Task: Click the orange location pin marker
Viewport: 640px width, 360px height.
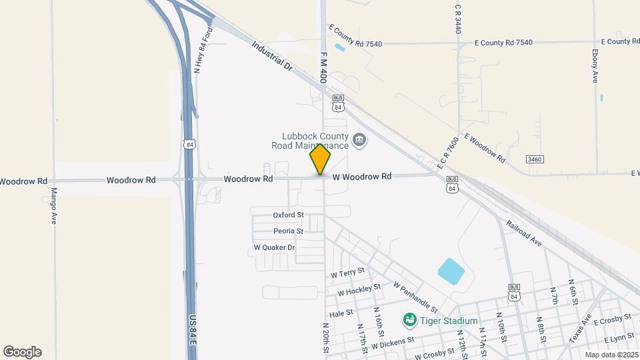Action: click(x=320, y=159)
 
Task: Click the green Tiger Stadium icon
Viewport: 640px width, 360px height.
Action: click(x=409, y=321)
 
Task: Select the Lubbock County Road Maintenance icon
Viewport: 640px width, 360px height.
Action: click(x=360, y=140)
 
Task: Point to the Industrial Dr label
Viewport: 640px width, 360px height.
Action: click(x=272, y=57)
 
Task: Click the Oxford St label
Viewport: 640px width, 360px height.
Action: click(x=288, y=215)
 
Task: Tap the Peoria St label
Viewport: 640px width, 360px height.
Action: click(x=288, y=231)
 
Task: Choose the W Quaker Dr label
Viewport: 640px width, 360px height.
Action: click(x=274, y=247)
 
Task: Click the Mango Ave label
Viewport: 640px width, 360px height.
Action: click(x=54, y=207)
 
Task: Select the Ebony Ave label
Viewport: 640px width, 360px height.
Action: click(x=595, y=66)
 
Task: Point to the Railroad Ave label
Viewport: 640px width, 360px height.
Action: click(x=523, y=234)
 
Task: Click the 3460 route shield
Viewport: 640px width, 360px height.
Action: click(x=535, y=159)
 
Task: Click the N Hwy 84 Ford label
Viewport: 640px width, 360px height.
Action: click(x=202, y=50)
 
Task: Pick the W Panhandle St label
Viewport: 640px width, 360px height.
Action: click(x=415, y=297)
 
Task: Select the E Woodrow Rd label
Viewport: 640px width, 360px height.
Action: click(x=485, y=149)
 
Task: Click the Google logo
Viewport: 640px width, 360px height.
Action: click(x=22, y=352)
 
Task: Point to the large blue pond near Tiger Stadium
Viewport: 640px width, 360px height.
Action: click(x=451, y=271)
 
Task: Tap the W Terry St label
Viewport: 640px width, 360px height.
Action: click(x=347, y=273)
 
